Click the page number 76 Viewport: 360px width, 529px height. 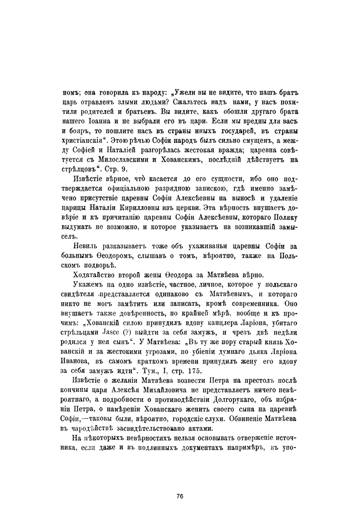(180, 496)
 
